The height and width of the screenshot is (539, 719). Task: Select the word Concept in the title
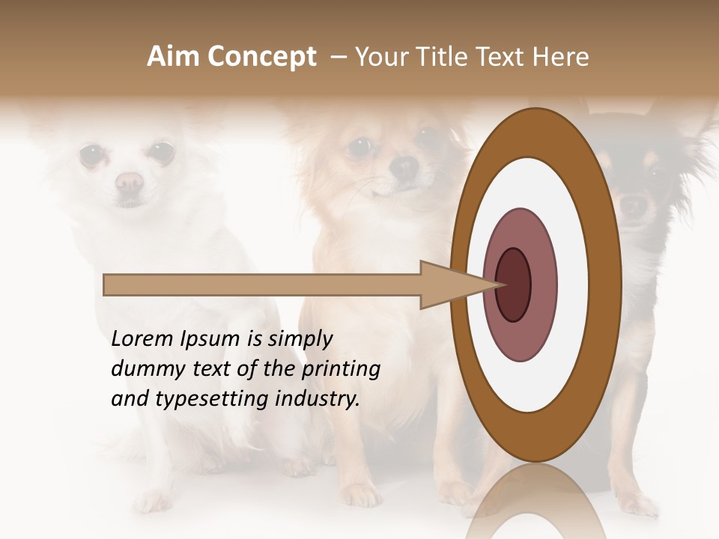click(x=262, y=57)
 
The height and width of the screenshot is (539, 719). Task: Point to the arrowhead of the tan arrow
click(x=457, y=284)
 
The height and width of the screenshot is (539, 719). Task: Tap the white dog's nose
click(x=129, y=181)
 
